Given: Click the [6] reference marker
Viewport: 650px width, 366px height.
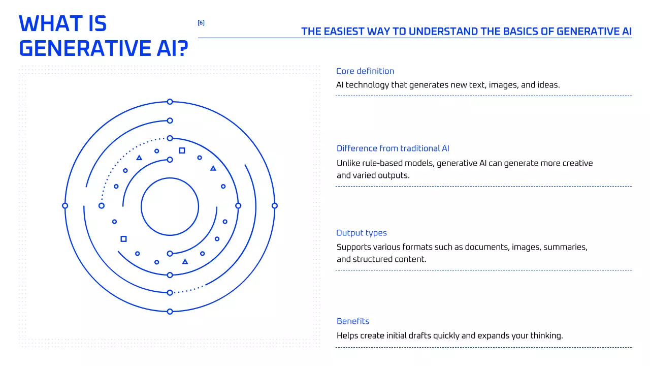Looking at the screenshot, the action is click(x=201, y=23).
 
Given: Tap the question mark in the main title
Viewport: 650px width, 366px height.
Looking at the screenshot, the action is click(x=182, y=48).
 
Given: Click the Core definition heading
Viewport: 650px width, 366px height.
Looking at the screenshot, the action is click(x=365, y=71).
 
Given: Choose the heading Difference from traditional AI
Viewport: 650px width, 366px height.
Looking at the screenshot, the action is click(x=393, y=148).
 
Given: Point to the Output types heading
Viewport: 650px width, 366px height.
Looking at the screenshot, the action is click(x=362, y=233).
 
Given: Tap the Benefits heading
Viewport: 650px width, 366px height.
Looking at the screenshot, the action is click(x=353, y=321).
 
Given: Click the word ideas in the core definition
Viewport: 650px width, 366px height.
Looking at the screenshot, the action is click(x=548, y=85).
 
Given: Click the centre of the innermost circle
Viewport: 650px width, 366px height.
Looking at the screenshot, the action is click(x=170, y=206).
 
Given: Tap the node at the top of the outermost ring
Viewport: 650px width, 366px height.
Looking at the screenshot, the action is click(x=170, y=102).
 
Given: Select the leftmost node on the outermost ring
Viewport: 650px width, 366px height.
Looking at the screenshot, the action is click(x=65, y=206).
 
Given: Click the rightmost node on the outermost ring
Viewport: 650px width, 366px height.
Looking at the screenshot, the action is click(x=275, y=206).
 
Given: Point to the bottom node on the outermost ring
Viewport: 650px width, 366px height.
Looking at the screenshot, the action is click(x=170, y=312).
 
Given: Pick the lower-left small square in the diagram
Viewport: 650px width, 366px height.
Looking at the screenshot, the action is click(x=123, y=239).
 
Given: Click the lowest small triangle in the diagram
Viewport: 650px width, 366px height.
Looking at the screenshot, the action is click(x=185, y=262).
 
